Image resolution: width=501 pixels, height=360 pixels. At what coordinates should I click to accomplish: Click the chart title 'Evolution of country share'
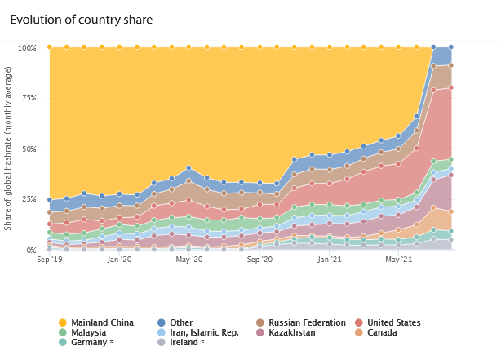pyautogui.click(x=81, y=19)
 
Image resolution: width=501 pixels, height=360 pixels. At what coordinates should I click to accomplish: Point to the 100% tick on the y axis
pyautogui.click(x=27, y=47)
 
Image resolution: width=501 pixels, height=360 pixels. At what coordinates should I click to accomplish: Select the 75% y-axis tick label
pyautogui.click(x=29, y=98)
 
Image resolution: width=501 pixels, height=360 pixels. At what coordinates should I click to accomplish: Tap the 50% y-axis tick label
pyautogui.click(x=29, y=149)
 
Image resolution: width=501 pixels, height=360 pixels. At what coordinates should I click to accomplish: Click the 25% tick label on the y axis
pyautogui.click(x=29, y=199)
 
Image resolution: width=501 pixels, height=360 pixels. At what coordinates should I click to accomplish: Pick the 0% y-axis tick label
pyautogui.click(x=31, y=250)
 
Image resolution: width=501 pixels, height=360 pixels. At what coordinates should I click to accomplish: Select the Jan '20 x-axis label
pyautogui.click(x=119, y=260)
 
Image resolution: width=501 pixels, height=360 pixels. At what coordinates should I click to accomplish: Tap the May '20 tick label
pyautogui.click(x=188, y=260)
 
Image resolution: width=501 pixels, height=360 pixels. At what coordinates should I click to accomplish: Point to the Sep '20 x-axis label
pyautogui.click(x=259, y=260)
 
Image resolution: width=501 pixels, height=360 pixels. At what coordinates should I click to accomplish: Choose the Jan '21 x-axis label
pyautogui.click(x=329, y=260)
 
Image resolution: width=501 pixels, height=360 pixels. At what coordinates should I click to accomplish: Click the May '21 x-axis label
pyautogui.click(x=398, y=260)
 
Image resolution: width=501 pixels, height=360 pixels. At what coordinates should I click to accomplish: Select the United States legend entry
pyautogui.click(x=391, y=322)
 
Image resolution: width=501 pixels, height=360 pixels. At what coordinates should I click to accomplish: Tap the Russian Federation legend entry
pyautogui.click(x=299, y=322)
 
